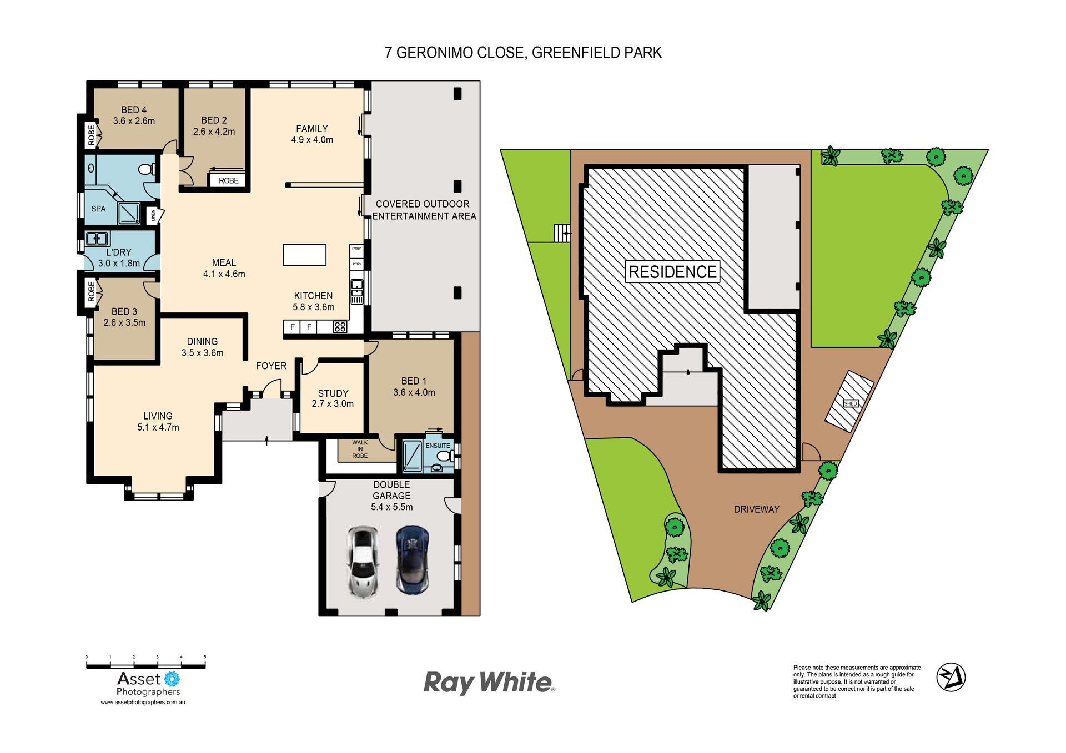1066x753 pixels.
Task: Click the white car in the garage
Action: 363,562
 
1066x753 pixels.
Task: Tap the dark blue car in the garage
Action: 413,560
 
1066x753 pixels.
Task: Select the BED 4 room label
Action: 134,110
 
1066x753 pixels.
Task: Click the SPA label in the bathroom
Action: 98,209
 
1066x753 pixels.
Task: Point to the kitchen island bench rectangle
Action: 304,255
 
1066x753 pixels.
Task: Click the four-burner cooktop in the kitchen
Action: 340,327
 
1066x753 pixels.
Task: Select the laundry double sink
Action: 97,239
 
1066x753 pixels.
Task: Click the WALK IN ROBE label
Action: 360,449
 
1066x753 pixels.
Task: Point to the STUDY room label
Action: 333,393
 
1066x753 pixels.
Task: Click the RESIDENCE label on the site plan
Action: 672,272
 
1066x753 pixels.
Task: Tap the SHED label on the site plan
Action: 851,403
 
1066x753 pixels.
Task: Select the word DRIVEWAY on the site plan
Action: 756,509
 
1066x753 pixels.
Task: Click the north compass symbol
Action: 951,677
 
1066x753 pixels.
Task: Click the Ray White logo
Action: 489,683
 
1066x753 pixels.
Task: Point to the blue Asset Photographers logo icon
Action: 172,679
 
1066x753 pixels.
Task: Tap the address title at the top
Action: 523,53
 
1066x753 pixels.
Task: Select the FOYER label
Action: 271,366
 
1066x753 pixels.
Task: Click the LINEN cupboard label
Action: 153,215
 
